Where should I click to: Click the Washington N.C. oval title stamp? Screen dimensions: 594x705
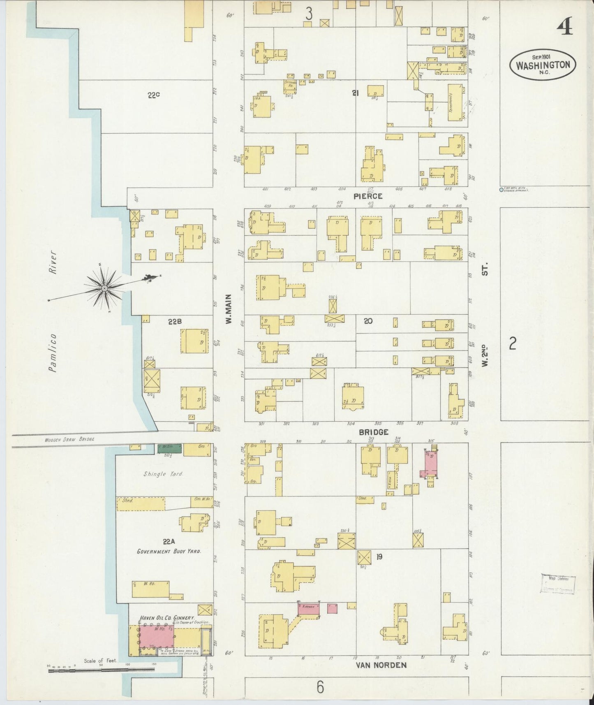(543, 65)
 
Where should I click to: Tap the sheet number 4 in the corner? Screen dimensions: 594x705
(565, 28)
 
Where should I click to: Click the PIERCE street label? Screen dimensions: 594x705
(368, 196)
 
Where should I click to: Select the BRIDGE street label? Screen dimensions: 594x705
(373, 432)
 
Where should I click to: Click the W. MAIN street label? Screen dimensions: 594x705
(229, 308)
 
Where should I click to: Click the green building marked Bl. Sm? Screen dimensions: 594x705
(170, 448)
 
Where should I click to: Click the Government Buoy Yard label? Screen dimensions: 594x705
(169, 551)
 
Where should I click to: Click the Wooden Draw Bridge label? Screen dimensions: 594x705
(70, 439)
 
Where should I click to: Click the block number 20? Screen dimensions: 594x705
(368, 321)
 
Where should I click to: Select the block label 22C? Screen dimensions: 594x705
(153, 95)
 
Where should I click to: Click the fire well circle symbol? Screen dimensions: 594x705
(501, 190)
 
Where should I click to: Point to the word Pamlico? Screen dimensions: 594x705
(52, 353)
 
